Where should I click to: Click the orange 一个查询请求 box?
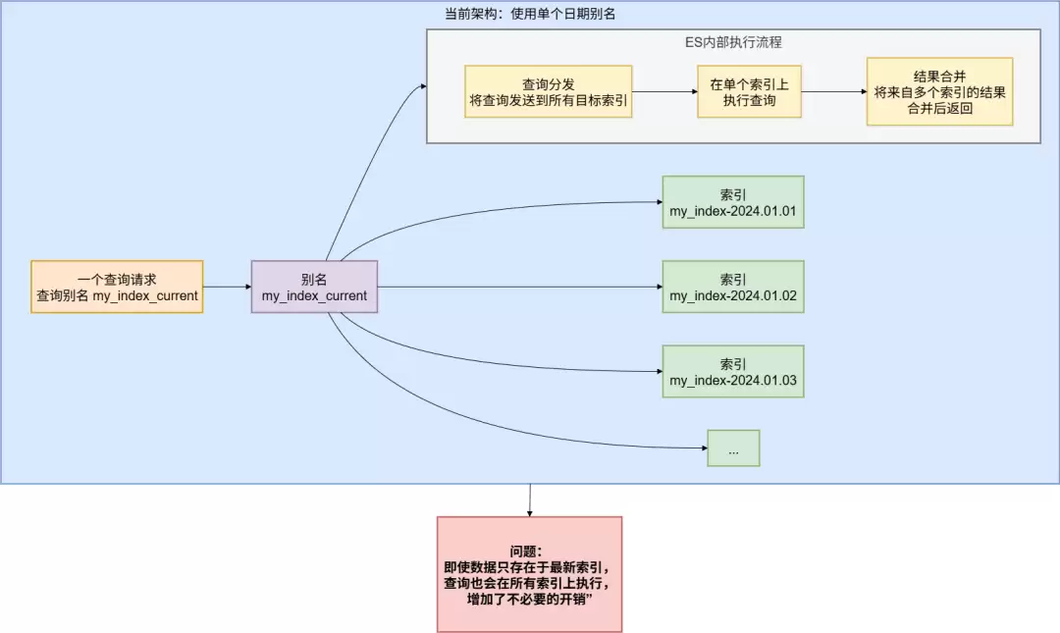click(x=117, y=287)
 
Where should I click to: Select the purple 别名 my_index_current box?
click(x=314, y=287)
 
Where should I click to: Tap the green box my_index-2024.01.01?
click(x=732, y=202)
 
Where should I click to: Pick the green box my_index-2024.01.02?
click(x=732, y=287)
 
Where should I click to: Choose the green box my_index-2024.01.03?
click(x=732, y=371)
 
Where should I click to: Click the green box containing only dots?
click(x=733, y=448)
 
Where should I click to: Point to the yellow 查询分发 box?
click(x=549, y=92)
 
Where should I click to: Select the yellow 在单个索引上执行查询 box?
click(x=749, y=92)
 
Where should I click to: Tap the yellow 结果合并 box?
click(x=939, y=92)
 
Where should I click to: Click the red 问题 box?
click(x=529, y=574)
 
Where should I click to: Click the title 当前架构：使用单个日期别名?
click(x=530, y=14)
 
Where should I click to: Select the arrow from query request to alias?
click(x=227, y=287)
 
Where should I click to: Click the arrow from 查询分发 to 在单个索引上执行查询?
click(x=664, y=92)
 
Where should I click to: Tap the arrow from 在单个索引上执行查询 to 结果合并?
click(x=833, y=92)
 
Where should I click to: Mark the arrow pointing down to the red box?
click(x=530, y=500)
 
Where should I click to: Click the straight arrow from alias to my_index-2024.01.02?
click(x=520, y=287)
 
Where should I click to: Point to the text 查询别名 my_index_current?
click(x=117, y=295)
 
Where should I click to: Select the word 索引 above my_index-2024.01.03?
click(x=732, y=363)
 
